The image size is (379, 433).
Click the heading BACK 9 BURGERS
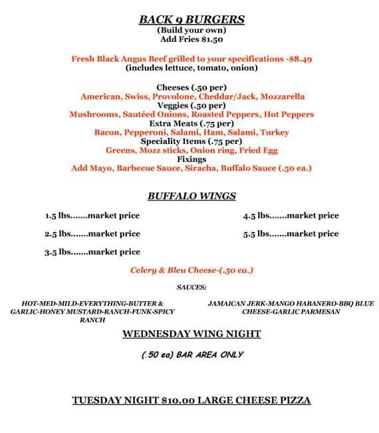coord(191,19)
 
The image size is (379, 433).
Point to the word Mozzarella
coord(279,97)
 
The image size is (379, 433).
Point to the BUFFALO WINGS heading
coord(191,197)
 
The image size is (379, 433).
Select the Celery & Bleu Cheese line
coord(191,270)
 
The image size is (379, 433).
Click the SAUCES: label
coord(191,287)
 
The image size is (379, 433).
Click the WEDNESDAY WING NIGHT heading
coord(191,334)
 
